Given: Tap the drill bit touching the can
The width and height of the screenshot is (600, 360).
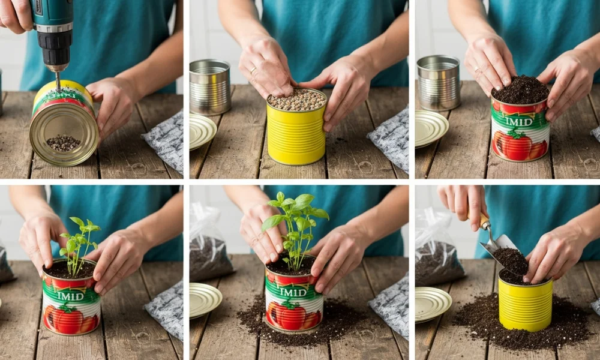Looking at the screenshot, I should click(x=58, y=80).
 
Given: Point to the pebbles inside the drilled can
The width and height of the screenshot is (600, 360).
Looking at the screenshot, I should click(x=63, y=142).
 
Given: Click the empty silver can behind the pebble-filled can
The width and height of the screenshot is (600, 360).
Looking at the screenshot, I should click(x=210, y=87).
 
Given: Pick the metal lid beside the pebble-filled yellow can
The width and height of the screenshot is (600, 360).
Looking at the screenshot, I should click(x=202, y=130).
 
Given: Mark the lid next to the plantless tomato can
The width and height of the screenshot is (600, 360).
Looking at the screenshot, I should click(x=430, y=128).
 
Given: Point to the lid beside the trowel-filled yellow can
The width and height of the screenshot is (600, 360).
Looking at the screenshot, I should click(x=432, y=304).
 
